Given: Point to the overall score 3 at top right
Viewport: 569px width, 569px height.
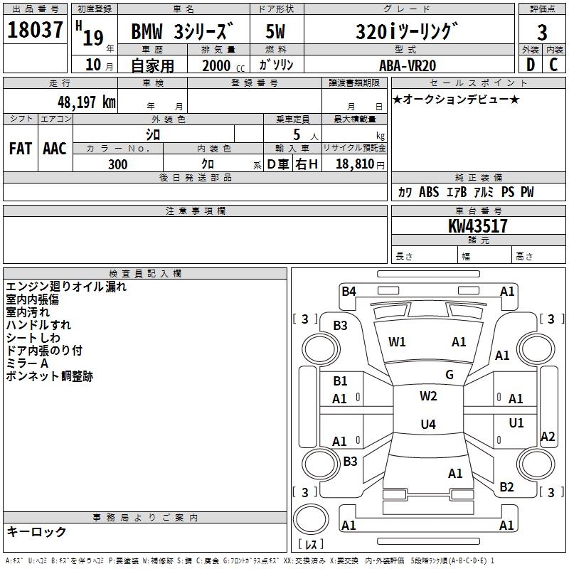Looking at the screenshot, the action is pyautogui.click(x=542, y=32).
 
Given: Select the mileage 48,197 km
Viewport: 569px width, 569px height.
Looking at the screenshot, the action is pyautogui.click(x=78, y=102).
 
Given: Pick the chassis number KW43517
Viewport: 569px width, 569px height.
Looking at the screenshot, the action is pyautogui.click(x=478, y=226).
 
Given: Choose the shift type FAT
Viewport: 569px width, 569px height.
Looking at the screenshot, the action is pyautogui.click(x=20, y=149).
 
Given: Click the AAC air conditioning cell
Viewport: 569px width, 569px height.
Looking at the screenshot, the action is pyautogui.click(x=55, y=149).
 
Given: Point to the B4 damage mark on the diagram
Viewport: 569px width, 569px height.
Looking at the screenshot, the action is pyautogui.click(x=349, y=291).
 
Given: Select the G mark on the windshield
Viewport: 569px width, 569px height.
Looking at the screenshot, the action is pyautogui.click(x=450, y=375).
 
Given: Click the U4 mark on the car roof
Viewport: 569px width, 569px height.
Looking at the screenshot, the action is pyautogui.click(x=427, y=425).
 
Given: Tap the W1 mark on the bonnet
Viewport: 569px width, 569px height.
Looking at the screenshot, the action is pyautogui.click(x=397, y=342).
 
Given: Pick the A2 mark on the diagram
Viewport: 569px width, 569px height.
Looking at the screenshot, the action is pyautogui.click(x=548, y=437).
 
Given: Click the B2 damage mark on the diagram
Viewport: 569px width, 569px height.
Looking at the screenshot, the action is pyautogui.click(x=506, y=487).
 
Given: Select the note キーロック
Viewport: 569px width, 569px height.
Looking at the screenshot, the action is pyautogui.click(x=36, y=531).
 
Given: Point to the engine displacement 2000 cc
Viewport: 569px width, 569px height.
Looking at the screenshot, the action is pyautogui.click(x=220, y=65).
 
